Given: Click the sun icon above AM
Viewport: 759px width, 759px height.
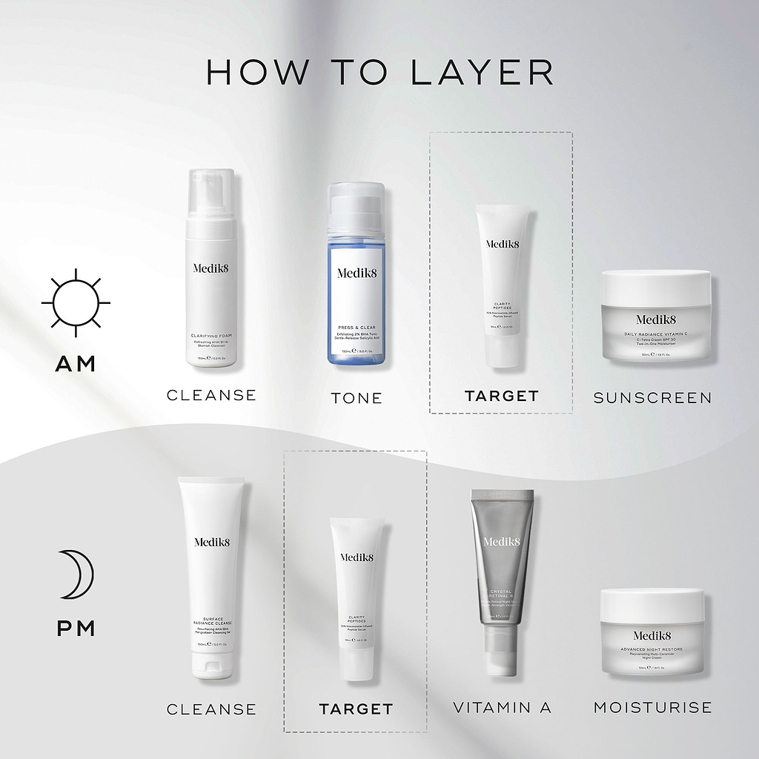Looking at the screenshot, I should (x=76, y=303).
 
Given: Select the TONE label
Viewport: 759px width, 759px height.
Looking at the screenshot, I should (x=357, y=398).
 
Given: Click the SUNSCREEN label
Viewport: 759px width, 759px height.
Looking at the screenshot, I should (x=652, y=398).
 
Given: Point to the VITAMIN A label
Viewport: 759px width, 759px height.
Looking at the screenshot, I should (x=503, y=708).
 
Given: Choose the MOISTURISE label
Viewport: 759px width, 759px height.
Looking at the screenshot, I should (x=652, y=708).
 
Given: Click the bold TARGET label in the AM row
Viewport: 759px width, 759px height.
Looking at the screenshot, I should (x=501, y=397).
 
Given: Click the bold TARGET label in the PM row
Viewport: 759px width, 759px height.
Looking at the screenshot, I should (x=356, y=709).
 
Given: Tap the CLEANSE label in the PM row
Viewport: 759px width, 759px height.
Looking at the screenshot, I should (x=211, y=709).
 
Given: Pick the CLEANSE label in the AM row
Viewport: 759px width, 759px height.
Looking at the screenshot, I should (x=211, y=395).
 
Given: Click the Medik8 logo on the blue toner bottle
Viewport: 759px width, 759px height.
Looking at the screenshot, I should (x=356, y=273).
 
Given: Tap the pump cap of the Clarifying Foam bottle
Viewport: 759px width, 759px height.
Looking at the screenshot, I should (x=211, y=194).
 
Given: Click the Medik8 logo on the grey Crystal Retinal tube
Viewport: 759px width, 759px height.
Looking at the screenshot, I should (x=502, y=541).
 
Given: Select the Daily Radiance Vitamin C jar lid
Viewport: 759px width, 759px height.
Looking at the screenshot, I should (x=655, y=282).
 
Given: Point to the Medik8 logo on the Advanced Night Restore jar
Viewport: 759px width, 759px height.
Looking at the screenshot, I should (x=652, y=634).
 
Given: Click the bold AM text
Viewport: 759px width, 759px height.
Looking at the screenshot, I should (x=76, y=364).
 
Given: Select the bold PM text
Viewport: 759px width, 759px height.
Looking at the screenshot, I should (x=76, y=629).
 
